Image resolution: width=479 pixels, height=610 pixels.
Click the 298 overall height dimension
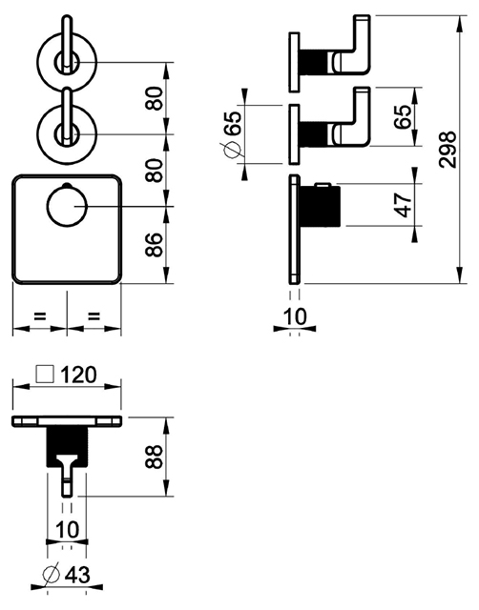tap(447, 150)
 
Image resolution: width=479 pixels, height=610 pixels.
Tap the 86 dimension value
tap(155, 245)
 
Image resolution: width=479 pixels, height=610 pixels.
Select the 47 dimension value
tap(403, 204)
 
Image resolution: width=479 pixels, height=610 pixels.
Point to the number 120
tap(78, 375)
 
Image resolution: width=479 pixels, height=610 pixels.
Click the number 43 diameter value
tap(77, 575)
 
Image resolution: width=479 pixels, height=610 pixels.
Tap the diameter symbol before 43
tap(51, 574)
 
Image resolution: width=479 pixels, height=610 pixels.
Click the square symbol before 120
tap(45, 374)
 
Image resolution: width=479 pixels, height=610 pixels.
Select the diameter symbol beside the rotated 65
tap(231, 150)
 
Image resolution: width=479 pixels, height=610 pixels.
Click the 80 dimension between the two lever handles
tap(155, 99)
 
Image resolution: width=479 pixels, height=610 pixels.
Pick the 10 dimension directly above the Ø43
tap(68, 530)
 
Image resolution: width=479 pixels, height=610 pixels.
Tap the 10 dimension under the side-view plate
tap(295, 316)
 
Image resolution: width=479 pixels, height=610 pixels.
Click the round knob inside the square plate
tap(67, 206)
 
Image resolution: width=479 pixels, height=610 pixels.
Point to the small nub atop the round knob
tap(67, 184)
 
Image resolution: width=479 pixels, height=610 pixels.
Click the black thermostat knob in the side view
tap(320, 206)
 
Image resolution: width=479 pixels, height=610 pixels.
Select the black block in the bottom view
tap(67, 447)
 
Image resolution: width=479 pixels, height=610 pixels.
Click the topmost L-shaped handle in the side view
tap(351, 46)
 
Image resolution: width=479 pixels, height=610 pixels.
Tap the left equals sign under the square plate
tap(40, 315)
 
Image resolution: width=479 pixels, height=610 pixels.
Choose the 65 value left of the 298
tap(403, 116)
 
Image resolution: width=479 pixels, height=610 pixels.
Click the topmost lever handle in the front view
tap(68, 44)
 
